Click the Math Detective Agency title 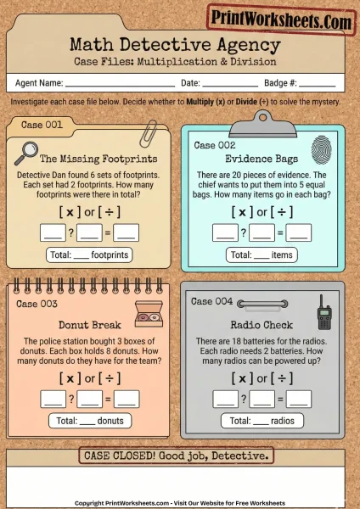pyautogui.click(x=179, y=44)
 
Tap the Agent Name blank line pyautogui.click(x=120, y=83)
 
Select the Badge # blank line pyautogui.click(x=317, y=83)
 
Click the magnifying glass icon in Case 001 pyautogui.click(x=26, y=153)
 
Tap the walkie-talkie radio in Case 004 pyautogui.click(x=323, y=312)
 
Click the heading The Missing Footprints pyautogui.click(x=98, y=158)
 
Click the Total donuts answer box pyautogui.click(x=89, y=420)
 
